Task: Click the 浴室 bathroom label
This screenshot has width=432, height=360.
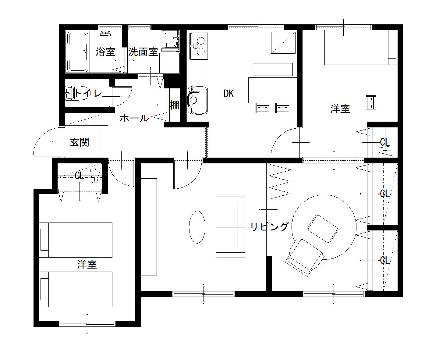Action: click(x=105, y=52)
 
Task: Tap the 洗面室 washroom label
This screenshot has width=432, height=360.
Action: click(x=143, y=52)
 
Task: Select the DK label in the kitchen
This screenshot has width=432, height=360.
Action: click(x=228, y=94)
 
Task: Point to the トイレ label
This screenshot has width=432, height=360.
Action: click(x=88, y=93)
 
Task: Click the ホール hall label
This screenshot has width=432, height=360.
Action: click(x=134, y=118)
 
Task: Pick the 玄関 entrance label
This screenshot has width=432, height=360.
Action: click(x=80, y=142)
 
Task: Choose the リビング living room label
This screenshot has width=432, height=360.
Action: click(x=269, y=226)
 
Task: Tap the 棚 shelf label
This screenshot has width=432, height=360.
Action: click(x=174, y=105)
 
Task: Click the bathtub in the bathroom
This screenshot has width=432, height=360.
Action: click(x=78, y=52)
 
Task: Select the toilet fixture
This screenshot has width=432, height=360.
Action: click(x=75, y=93)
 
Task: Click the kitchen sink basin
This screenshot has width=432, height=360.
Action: click(x=198, y=100)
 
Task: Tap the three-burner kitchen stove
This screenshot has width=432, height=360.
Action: click(x=198, y=46)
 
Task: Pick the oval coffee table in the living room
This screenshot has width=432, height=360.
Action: click(x=197, y=227)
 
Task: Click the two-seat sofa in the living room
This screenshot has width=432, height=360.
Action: click(x=231, y=227)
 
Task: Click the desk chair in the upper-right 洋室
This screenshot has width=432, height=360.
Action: click(x=371, y=103)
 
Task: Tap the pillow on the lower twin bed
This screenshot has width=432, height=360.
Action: click(x=44, y=289)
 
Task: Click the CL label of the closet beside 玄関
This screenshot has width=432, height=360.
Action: click(x=80, y=176)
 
